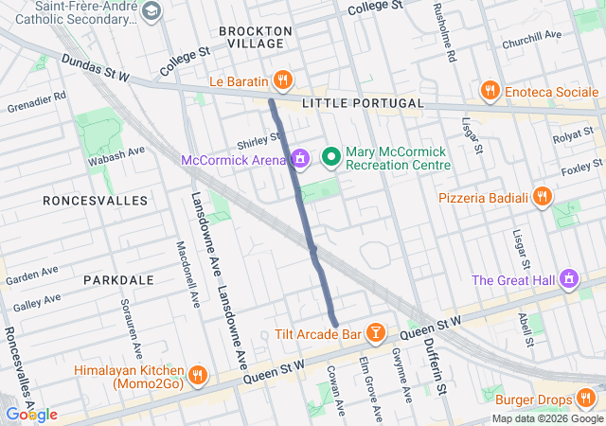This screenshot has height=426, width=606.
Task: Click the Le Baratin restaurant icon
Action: (x=281, y=79)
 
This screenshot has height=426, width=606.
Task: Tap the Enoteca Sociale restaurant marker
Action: (x=490, y=90)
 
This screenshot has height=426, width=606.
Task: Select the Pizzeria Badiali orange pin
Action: (x=542, y=197)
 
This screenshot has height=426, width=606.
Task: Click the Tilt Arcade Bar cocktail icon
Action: (x=376, y=333)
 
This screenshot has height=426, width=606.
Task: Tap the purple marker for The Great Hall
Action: (x=569, y=279)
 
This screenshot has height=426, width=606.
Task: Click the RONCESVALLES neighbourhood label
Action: (x=95, y=201)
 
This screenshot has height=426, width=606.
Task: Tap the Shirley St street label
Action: (x=257, y=142)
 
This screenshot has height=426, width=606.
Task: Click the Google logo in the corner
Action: (x=30, y=414)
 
